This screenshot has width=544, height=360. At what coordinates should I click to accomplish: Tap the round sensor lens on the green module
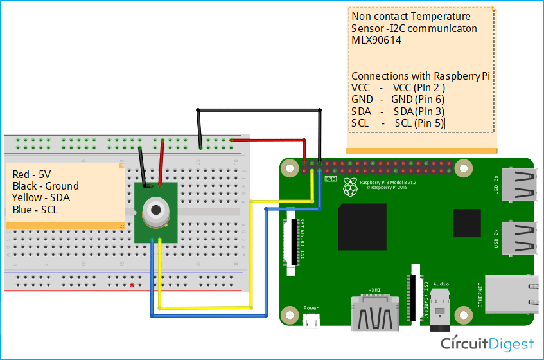click(x=155, y=210)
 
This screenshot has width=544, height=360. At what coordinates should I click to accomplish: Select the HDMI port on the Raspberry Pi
click(x=374, y=313)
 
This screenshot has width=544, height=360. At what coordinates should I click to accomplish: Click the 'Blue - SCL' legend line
click(x=35, y=210)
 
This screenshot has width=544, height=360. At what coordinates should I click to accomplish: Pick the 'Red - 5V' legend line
click(x=31, y=174)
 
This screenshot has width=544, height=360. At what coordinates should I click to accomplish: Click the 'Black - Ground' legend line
click(x=46, y=186)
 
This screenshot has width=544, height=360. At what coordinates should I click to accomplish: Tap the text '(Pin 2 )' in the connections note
click(x=430, y=87)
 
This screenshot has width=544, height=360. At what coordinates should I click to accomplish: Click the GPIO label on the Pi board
click(x=331, y=179)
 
